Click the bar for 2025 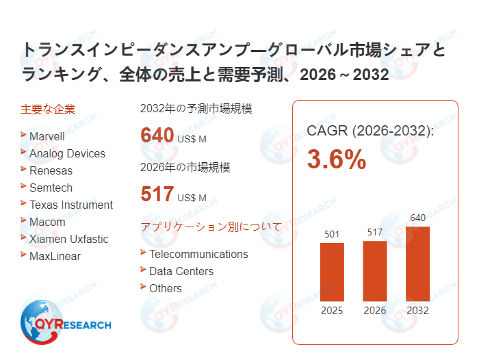coord(333,272)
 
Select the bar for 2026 coord(375,270)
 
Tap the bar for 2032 coord(417,263)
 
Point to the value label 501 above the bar coord(333,235)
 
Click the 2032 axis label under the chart coord(417,311)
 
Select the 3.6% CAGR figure coord(336,159)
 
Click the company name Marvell coord(47,136)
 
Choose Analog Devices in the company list coord(67,153)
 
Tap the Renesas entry coord(51,170)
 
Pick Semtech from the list coord(51,188)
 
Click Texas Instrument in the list coord(71,205)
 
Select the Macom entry coord(47,222)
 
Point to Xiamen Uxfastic coord(68,239)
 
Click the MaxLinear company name coord(55,256)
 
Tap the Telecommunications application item coord(198,254)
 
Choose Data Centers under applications coord(181,271)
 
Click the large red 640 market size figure coord(157,135)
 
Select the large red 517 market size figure coord(157,194)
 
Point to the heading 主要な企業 coord(48,108)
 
